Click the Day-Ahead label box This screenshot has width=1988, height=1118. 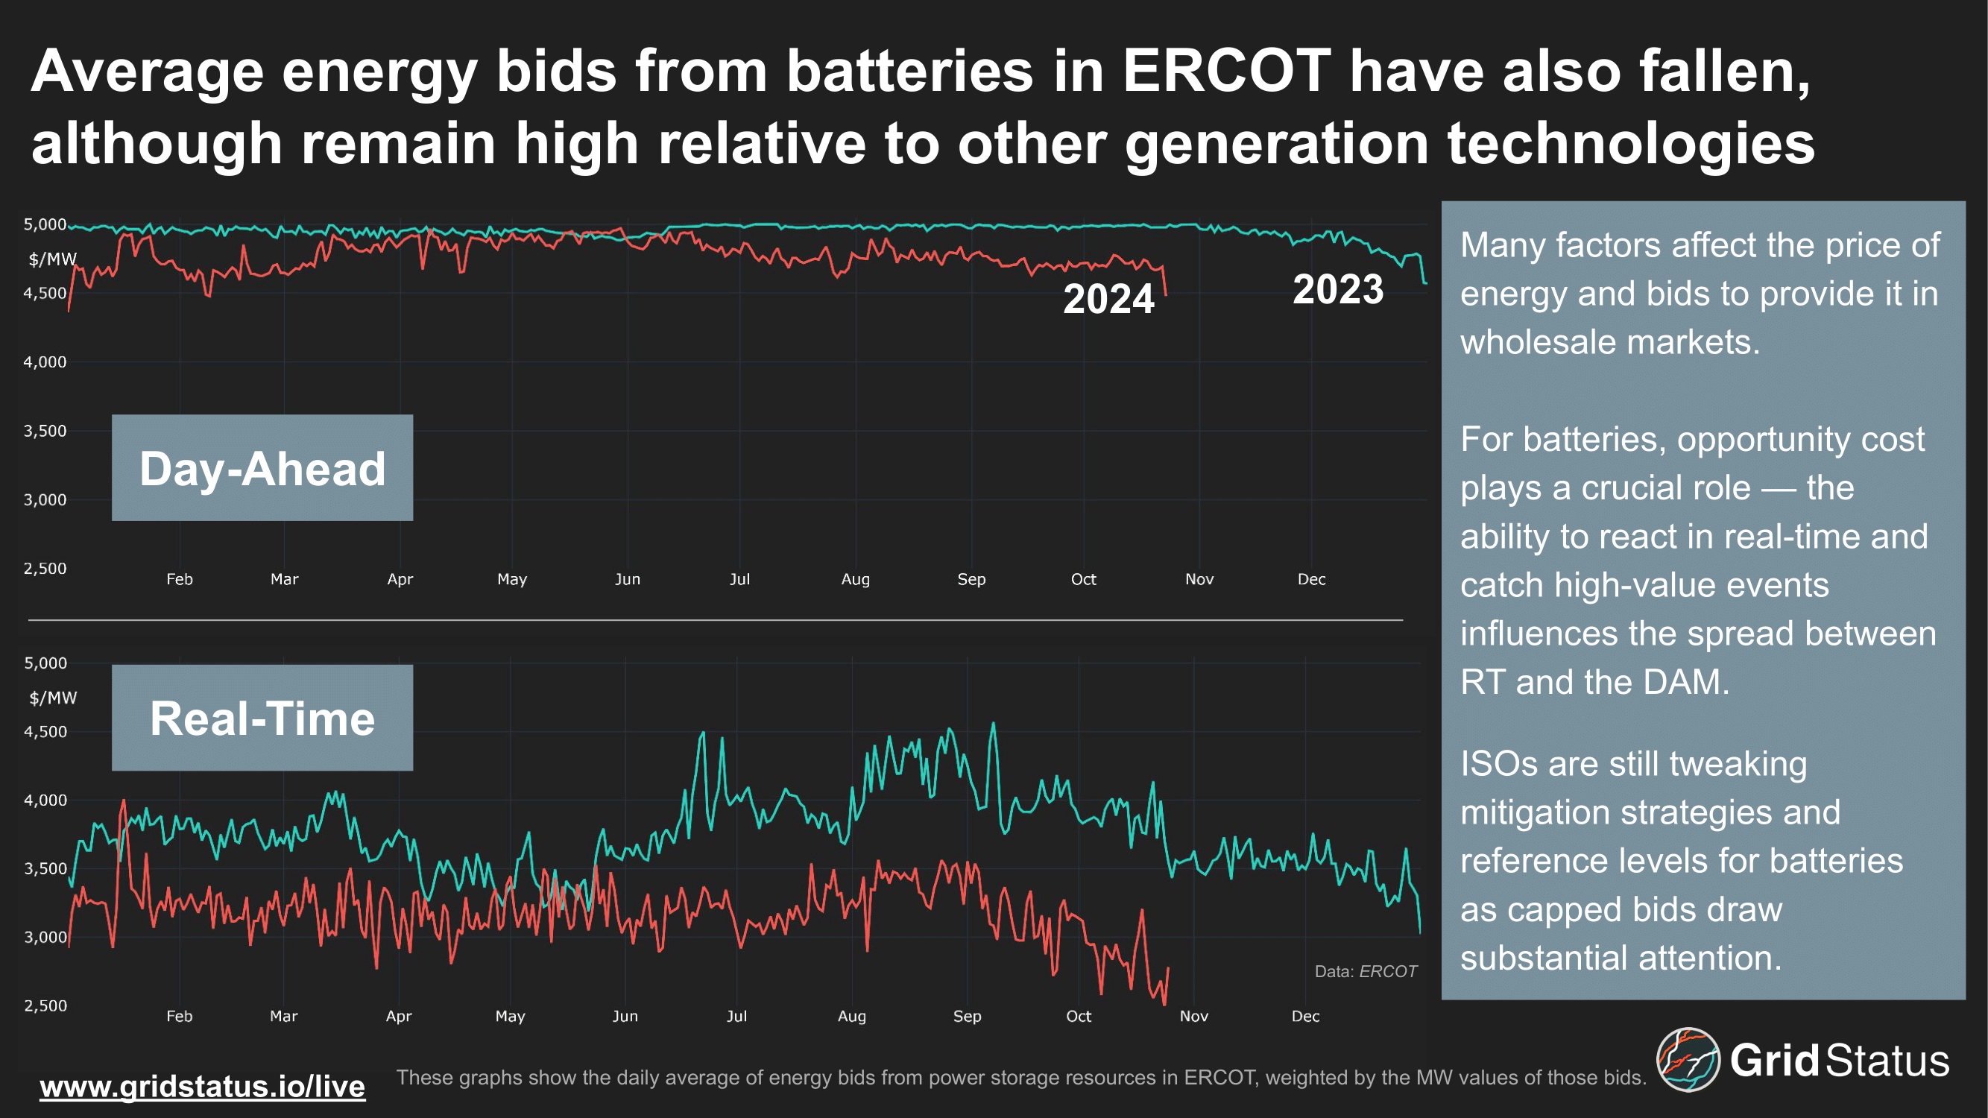[x=262, y=467]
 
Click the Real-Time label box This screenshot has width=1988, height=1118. [x=262, y=718]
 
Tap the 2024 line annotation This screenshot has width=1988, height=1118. [x=1108, y=299]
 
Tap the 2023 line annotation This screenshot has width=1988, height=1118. [x=1337, y=289]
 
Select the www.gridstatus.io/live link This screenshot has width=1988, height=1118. [x=202, y=1087]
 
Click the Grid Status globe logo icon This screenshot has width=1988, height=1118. [x=1688, y=1059]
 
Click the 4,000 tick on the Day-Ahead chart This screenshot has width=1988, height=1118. [x=45, y=362]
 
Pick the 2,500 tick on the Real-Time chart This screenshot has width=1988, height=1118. [x=45, y=1005]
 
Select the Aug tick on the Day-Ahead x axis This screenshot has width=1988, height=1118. [x=855, y=578]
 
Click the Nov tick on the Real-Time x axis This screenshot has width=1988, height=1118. [x=1193, y=1016]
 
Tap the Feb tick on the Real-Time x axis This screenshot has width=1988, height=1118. [x=179, y=1016]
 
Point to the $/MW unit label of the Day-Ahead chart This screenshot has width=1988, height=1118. [x=52, y=259]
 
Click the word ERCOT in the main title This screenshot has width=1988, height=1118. [x=1226, y=71]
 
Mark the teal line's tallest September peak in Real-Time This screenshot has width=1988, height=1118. [x=993, y=724]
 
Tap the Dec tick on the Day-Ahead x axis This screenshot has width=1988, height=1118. [x=1311, y=578]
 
